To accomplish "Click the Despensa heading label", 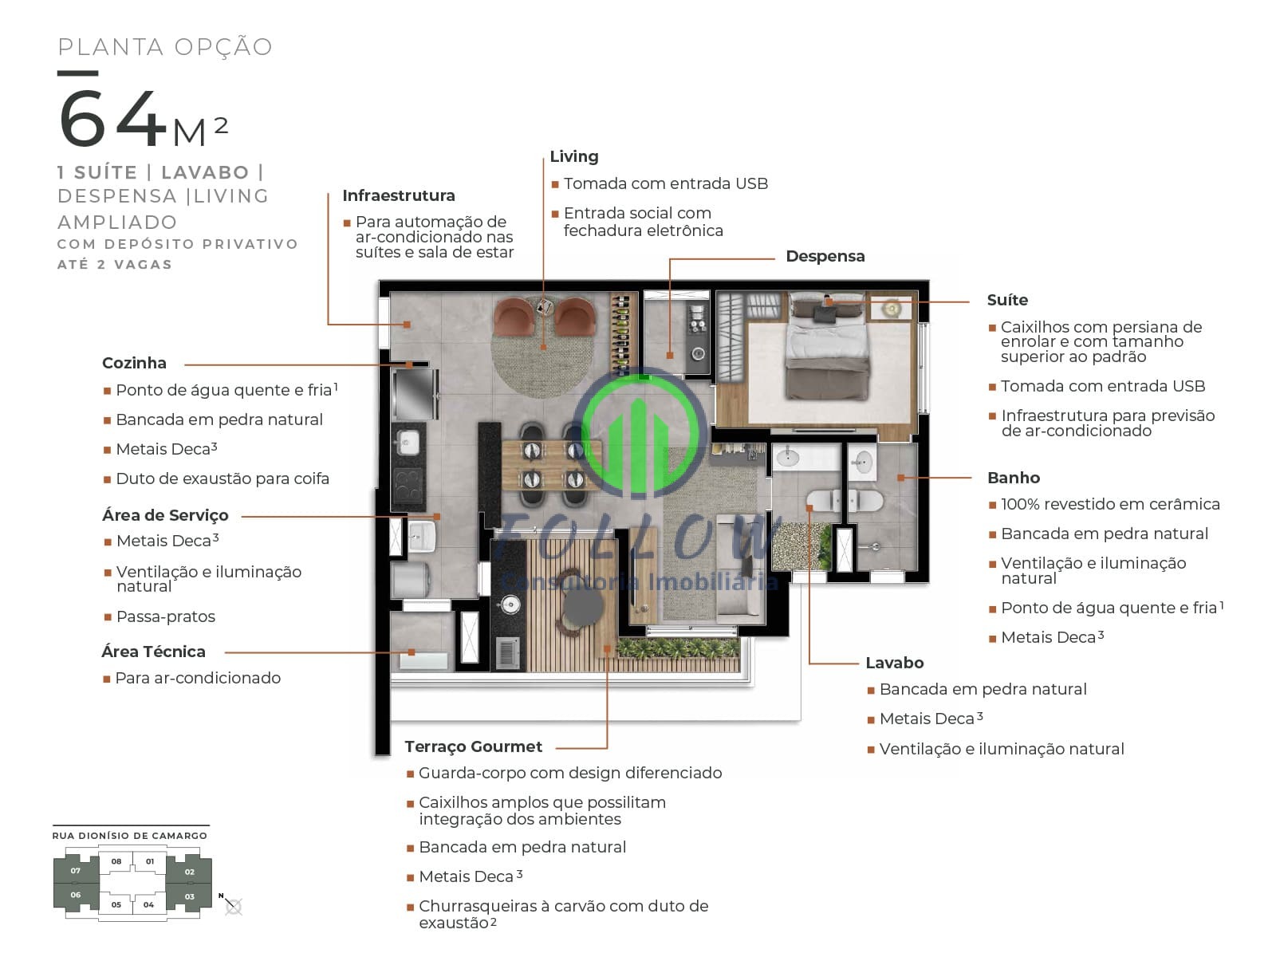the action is [x=825, y=256].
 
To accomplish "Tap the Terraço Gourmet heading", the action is [x=473, y=746].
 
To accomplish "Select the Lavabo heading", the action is [x=894, y=663].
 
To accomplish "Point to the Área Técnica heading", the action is [x=153, y=652].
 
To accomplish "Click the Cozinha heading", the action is [x=134, y=363].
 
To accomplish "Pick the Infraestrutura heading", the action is [x=399, y=195].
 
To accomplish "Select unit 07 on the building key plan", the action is [x=76, y=870].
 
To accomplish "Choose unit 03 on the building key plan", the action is [x=190, y=896].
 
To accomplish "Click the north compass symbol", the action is [x=232, y=904].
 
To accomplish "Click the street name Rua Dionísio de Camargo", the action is [x=130, y=836].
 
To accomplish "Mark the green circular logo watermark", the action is [x=640, y=433].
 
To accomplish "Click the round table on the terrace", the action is [x=583, y=605].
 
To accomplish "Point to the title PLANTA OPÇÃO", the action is [x=165, y=47].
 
